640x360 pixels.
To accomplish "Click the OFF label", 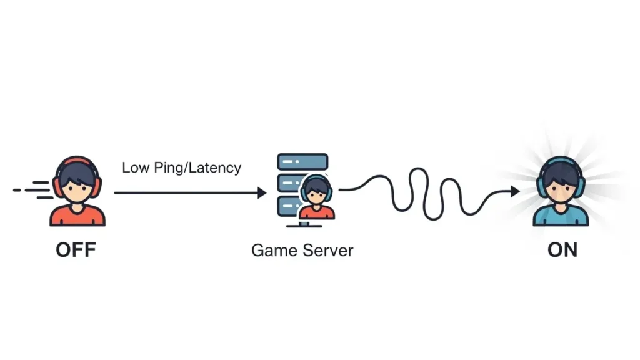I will click(x=76, y=251).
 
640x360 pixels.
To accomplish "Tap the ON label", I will click(x=562, y=251).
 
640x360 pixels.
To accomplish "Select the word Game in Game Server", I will click(x=274, y=251).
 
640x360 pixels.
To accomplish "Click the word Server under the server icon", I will click(x=328, y=251).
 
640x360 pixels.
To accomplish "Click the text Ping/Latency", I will click(x=201, y=167).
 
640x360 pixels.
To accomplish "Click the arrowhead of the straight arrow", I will click(x=262, y=193).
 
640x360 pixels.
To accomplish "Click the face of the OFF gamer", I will click(x=77, y=188).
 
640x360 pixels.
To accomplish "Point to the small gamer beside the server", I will click(x=316, y=197).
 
